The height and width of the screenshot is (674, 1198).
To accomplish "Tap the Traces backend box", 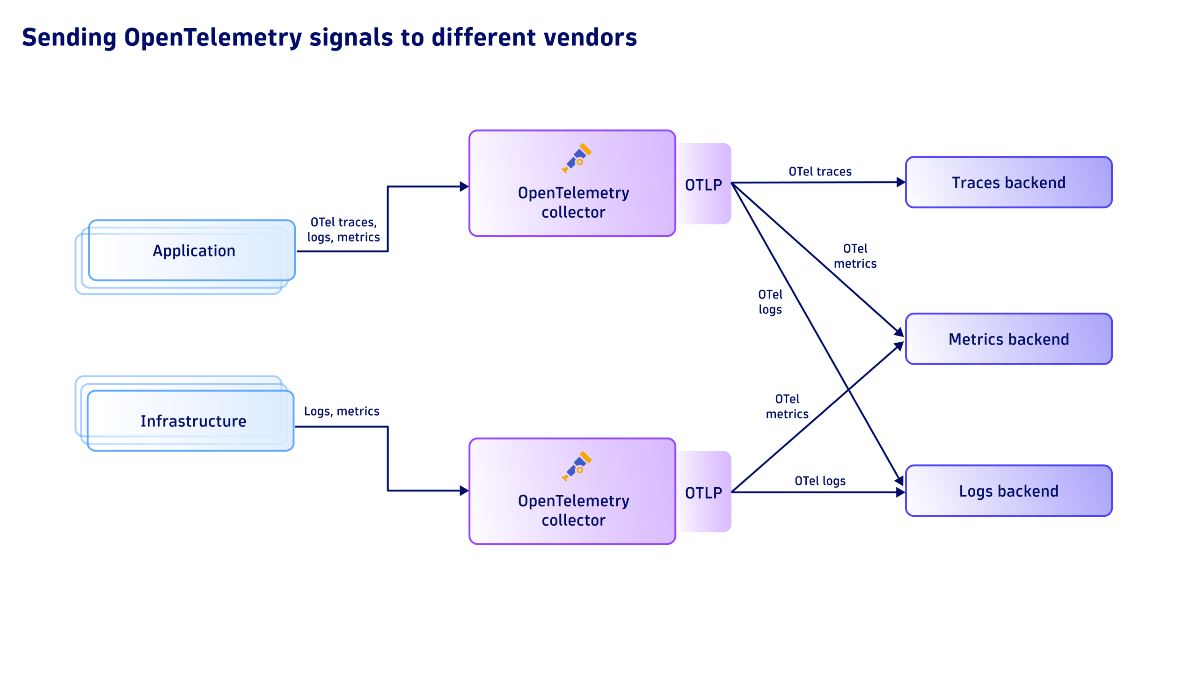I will [x=1008, y=183].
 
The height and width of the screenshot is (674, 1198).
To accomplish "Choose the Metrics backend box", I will [x=1008, y=339].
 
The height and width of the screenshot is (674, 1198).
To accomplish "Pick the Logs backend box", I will [x=1008, y=491].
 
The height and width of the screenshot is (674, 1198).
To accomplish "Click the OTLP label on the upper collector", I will [x=703, y=185].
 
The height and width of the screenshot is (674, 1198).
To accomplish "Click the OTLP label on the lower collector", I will [x=703, y=493].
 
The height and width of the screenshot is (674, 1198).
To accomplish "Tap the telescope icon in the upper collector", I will [x=577, y=158].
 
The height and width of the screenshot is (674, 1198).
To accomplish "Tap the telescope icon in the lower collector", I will [x=577, y=466].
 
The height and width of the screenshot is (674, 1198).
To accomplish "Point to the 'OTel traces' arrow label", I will [x=820, y=171].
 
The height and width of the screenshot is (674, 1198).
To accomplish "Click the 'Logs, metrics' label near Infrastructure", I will [x=342, y=411].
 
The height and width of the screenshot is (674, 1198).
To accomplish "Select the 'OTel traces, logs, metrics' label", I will [x=343, y=229].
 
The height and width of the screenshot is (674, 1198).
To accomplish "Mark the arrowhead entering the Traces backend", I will [x=900, y=182].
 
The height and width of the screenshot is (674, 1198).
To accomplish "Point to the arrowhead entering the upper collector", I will [x=464, y=187].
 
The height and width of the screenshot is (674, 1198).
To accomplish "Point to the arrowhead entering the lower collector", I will [x=464, y=491].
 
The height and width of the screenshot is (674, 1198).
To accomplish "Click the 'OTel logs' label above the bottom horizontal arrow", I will [x=820, y=481].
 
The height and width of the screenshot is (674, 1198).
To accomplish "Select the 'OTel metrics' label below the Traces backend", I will [x=855, y=256].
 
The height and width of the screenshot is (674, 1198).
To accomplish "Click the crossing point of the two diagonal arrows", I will [x=848, y=389].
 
